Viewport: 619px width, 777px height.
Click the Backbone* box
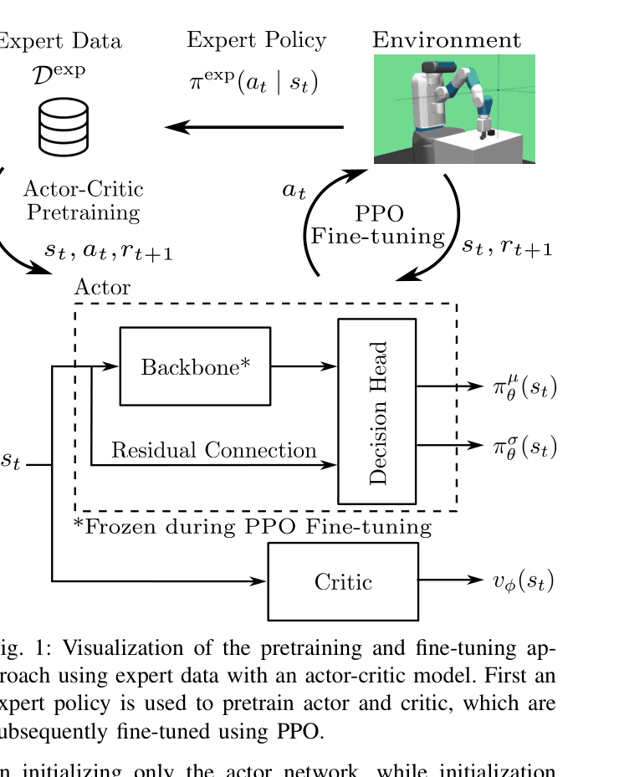(x=196, y=366)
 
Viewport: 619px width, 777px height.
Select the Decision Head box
(x=376, y=412)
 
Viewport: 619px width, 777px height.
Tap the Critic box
(x=343, y=581)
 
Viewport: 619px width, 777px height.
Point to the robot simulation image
(x=453, y=109)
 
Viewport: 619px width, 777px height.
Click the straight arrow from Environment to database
(x=255, y=127)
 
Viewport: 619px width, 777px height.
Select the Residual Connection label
(x=214, y=451)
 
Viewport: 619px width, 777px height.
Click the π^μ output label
(x=524, y=387)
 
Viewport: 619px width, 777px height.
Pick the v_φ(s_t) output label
(x=523, y=581)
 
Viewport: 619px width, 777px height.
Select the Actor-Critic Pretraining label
(x=83, y=201)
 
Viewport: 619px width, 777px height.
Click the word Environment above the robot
(x=447, y=40)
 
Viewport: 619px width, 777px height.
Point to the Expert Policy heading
(x=256, y=40)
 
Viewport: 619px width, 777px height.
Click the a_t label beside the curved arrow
(x=294, y=191)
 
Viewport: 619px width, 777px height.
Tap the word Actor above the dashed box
(x=102, y=288)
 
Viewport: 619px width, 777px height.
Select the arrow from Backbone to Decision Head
(x=304, y=366)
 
